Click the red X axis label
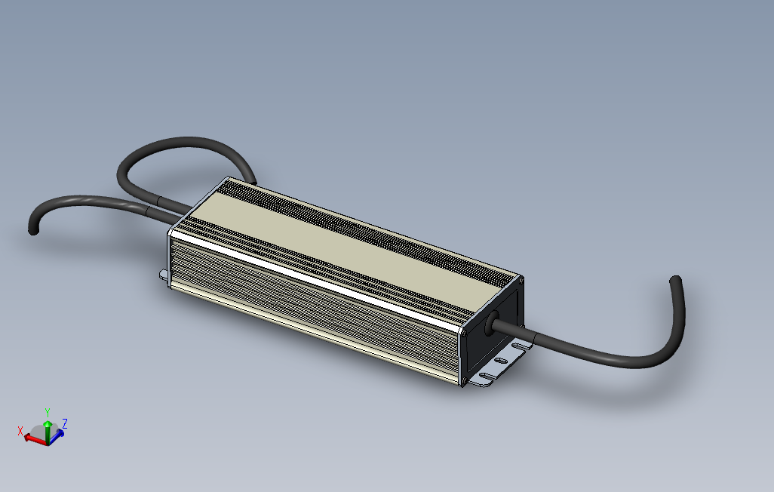(x=20, y=431)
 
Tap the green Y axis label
(x=48, y=412)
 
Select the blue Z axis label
(x=65, y=423)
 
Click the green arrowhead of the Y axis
(x=48, y=424)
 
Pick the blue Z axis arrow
(x=57, y=436)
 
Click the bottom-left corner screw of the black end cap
(x=463, y=380)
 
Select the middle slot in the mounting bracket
(x=500, y=361)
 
